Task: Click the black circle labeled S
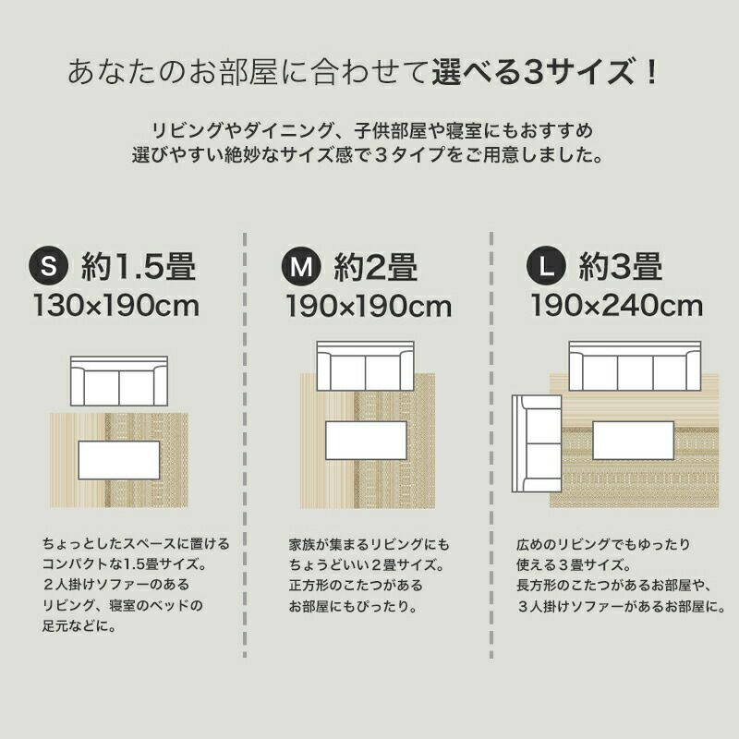(x=49, y=265)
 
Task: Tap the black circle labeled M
(x=301, y=266)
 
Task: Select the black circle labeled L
(x=546, y=266)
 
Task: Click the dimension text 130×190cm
(x=116, y=306)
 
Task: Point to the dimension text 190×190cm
(x=369, y=306)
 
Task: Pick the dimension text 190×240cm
(x=617, y=306)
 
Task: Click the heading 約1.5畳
(x=139, y=266)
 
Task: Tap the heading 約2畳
(x=376, y=267)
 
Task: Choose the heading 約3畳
(x=621, y=266)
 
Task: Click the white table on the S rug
(x=119, y=460)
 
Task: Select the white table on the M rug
(x=366, y=441)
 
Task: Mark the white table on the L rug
(x=634, y=441)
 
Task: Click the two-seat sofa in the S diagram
(x=119, y=381)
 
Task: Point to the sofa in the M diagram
(x=366, y=366)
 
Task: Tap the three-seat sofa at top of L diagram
(x=635, y=366)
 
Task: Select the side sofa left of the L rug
(x=537, y=443)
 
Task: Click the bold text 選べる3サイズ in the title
(x=533, y=72)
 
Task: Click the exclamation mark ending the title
(x=652, y=72)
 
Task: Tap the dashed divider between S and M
(x=245, y=444)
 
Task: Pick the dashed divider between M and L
(x=491, y=444)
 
